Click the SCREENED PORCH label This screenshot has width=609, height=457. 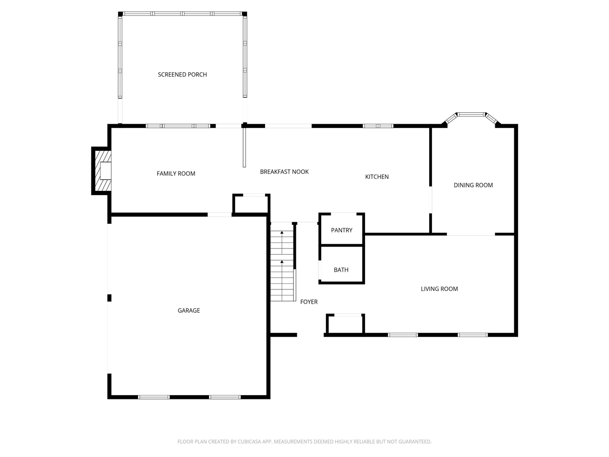182,75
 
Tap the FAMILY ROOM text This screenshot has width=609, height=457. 176,174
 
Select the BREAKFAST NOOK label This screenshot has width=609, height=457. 284,172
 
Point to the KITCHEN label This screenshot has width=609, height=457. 377,177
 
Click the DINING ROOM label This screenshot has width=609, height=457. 473,185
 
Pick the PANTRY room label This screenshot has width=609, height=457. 342,230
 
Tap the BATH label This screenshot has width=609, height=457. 341,270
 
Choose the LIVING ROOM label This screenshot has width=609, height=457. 439,289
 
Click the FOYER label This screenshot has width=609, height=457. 309,302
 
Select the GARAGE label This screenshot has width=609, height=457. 189,310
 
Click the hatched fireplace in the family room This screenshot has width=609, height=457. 102,170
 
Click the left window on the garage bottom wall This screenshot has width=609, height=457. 154,397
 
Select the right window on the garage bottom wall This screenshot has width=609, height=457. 225,397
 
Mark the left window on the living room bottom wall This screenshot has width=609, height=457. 403,335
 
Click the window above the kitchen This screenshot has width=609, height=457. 378,126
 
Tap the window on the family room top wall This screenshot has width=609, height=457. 178,126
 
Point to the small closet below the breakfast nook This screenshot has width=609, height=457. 251,205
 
